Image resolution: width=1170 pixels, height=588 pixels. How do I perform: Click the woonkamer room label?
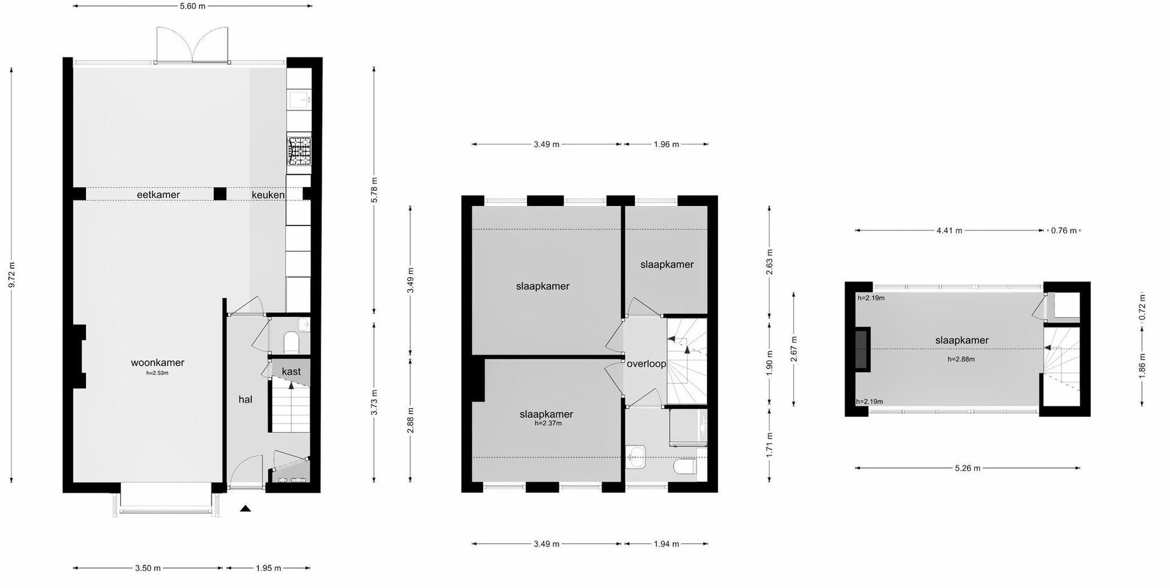pyautogui.click(x=157, y=363)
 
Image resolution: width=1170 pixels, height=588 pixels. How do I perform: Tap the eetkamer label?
pyautogui.click(x=158, y=195)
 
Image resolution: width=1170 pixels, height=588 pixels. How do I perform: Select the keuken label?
pyautogui.click(x=268, y=195)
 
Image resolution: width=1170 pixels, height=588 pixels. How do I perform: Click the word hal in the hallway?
pyautogui.click(x=246, y=400)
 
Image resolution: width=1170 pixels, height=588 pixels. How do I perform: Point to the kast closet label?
pyautogui.click(x=291, y=371)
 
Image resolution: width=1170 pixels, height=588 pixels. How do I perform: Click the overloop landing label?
pyautogui.click(x=647, y=364)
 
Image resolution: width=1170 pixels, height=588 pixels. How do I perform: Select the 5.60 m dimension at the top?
pyautogui.click(x=193, y=6)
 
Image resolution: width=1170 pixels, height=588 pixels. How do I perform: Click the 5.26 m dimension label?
pyautogui.click(x=968, y=468)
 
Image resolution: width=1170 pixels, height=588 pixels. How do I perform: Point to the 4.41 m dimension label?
pyautogui.click(x=949, y=231)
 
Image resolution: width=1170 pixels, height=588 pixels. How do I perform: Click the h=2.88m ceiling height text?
pyautogui.click(x=961, y=360)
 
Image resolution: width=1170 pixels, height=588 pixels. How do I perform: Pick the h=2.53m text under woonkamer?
pyautogui.click(x=157, y=373)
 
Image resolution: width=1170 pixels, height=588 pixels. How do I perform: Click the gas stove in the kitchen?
pyautogui.click(x=299, y=151)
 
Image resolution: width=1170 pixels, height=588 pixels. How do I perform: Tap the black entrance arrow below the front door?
pyautogui.click(x=246, y=509)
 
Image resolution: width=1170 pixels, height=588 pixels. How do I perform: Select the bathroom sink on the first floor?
pyautogui.click(x=635, y=456)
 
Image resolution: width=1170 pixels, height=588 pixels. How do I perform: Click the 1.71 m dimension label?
pyautogui.click(x=770, y=445)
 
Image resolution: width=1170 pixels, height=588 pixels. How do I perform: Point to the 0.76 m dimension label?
pyautogui.click(x=1063, y=231)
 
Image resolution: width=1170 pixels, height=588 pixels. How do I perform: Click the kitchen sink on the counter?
pyautogui.click(x=299, y=99)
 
